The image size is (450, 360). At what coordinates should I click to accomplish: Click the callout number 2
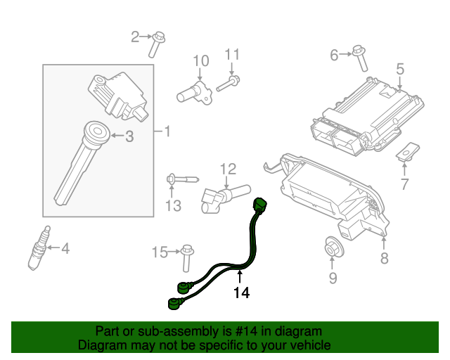click(136, 36)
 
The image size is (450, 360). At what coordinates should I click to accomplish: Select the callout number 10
click(201, 60)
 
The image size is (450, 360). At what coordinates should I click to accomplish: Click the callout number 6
click(335, 53)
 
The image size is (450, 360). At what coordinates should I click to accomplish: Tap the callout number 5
click(399, 69)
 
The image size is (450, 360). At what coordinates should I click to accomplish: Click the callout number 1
click(167, 131)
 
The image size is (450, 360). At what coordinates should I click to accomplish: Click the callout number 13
click(173, 205)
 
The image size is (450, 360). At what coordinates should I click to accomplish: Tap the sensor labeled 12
click(221, 195)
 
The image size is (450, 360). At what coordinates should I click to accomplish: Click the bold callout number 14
click(241, 292)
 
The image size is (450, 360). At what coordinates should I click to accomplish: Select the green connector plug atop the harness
click(261, 205)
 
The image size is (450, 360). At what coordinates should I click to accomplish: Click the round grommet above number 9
click(332, 247)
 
